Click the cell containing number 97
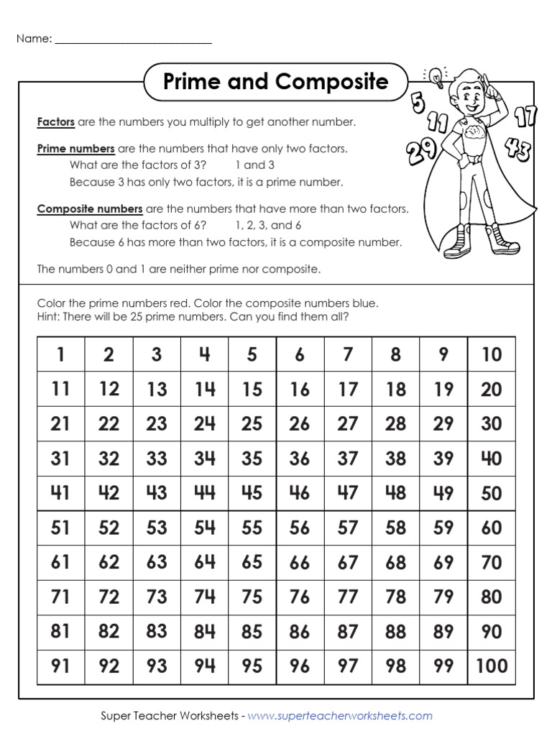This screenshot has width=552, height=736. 348,666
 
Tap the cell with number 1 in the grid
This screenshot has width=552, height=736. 61,354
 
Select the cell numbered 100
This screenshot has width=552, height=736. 492,666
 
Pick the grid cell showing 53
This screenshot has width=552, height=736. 157,528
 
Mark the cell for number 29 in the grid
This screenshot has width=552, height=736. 443,424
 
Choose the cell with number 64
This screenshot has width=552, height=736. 204,562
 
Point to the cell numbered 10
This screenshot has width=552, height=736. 492,354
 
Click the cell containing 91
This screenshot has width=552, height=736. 61,666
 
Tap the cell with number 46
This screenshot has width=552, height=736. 300,493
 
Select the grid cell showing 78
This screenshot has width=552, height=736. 395,597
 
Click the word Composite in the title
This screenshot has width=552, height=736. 331,82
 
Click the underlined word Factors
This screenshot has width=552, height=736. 56,122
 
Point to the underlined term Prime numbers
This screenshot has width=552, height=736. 75,149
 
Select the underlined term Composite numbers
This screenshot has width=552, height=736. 90,209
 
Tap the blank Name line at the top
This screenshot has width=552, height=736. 133,40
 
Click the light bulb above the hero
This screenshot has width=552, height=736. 436,73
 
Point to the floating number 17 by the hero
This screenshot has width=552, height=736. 525,115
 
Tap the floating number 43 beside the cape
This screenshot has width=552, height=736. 517,149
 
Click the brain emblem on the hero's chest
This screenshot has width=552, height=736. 475,134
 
